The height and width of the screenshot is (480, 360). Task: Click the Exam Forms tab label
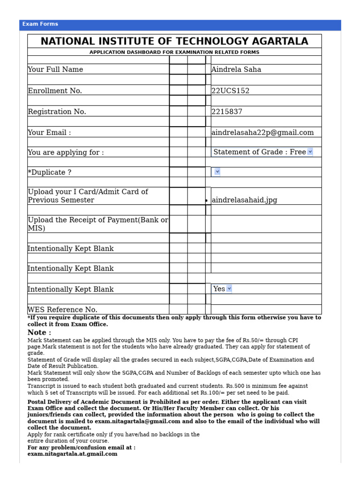(40, 24)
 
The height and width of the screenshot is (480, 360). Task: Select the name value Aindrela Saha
(236, 69)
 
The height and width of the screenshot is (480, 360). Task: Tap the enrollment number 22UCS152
(230, 91)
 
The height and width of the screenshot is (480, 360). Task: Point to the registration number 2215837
(227, 112)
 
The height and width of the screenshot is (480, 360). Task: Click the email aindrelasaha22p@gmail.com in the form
(262, 133)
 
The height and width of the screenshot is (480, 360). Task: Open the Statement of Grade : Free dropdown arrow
(310, 152)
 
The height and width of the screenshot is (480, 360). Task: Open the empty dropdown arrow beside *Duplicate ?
(217, 172)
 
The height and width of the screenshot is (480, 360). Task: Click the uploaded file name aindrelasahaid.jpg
(244, 200)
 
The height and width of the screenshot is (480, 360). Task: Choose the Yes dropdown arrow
(229, 289)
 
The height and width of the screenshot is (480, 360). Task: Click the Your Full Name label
(55, 69)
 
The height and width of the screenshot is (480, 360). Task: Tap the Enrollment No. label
(55, 91)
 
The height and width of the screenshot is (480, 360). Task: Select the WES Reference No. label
(62, 310)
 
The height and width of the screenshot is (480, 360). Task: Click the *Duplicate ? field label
(50, 172)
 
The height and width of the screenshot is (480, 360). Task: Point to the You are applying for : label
(66, 152)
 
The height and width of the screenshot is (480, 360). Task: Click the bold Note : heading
(39, 332)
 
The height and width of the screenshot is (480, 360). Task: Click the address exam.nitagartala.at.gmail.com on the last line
(72, 454)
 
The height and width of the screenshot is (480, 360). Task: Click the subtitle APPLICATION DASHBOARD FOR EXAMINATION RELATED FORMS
(174, 52)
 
